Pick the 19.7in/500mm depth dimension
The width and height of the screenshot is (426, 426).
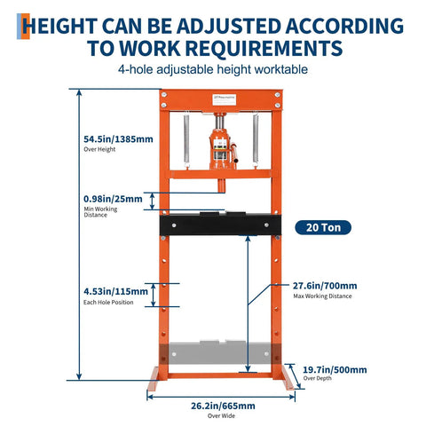coord(335,369)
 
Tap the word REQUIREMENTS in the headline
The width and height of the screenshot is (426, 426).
coord(271,48)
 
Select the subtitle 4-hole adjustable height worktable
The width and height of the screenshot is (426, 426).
coord(213,70)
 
